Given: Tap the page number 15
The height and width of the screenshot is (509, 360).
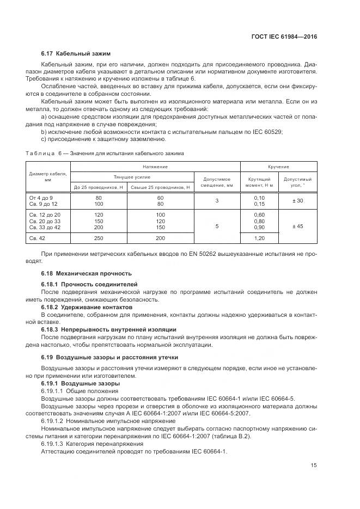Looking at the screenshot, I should click(314, 465).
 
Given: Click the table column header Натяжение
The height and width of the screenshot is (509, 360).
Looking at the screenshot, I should click(155, 166).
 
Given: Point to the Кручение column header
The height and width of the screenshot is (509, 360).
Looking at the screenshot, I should click(278, 166).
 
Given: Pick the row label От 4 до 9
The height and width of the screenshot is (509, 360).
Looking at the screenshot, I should click(40, 197).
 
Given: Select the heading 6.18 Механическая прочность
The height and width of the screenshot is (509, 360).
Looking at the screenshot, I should click(86, 273).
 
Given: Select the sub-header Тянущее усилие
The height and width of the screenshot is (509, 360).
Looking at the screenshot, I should click(132, 177).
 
